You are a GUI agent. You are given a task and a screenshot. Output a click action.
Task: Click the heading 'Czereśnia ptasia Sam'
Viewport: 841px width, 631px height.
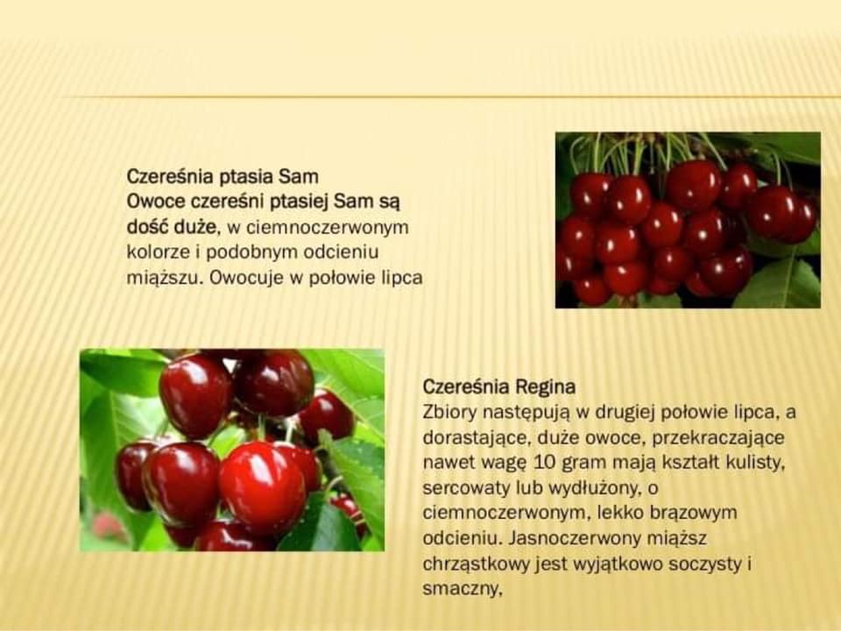[x=223, y=176]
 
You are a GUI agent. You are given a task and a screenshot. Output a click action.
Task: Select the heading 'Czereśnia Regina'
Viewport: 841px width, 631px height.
[x=498, y=386]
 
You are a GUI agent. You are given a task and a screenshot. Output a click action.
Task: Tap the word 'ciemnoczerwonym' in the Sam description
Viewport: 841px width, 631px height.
[x=318, y=228]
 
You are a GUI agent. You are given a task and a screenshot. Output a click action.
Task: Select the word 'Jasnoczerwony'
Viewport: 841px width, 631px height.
[x=575, y=538]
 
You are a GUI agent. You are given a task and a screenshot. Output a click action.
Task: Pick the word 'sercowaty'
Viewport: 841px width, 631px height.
[x=467, y=488]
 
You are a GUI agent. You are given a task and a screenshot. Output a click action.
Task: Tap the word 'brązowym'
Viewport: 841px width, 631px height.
[x=693, y=513]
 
